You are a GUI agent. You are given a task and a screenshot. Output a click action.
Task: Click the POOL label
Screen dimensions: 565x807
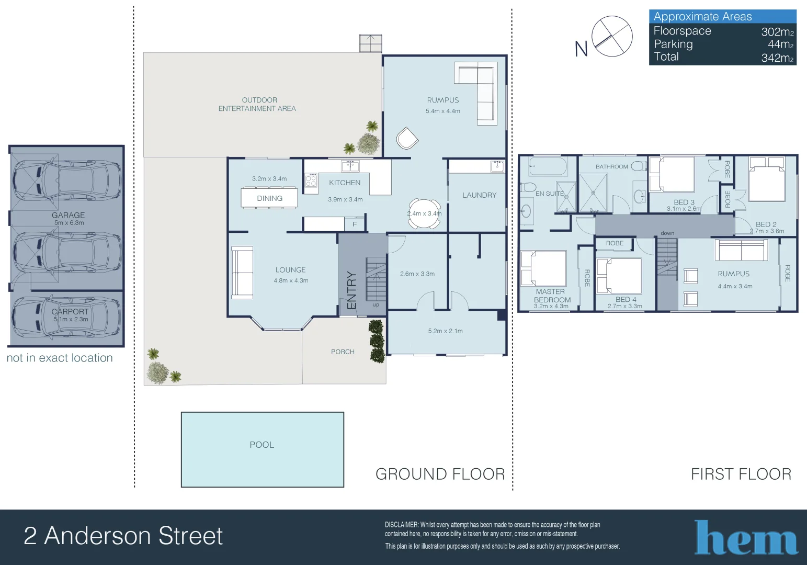click(x=262, y=445)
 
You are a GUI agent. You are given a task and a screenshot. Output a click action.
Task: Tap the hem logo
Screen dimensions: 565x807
click(x=746, y=537)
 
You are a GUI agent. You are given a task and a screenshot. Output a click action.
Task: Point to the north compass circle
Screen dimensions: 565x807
click(x=612, y=36)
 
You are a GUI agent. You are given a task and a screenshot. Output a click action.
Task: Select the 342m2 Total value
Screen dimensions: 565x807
click(x=777, y=58)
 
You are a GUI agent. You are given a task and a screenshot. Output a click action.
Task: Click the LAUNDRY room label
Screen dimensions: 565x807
click(x=479, y=195)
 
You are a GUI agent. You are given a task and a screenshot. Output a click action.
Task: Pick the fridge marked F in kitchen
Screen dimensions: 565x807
click(x=355, y=224)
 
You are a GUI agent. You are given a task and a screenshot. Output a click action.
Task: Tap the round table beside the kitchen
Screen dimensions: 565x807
click(x=424, y=213)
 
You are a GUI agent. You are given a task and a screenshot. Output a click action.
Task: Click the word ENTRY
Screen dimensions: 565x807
click(x=351, y=290)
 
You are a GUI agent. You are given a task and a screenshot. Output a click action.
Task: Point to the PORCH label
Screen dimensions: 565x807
click(x=343, y=352)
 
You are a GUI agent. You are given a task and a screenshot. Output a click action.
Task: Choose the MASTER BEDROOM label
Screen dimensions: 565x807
click(x=551, y=296)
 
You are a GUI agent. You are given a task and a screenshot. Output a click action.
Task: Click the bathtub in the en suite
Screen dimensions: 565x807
click(x=548, y=167)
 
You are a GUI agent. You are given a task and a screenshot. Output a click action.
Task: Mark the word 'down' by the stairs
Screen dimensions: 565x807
click(x=667, y=233)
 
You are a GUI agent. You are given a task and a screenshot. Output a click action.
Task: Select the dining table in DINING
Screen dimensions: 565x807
click(x=269, y=198)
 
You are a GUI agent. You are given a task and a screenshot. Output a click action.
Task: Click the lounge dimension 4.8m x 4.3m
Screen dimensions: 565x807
click(x=291, y=281)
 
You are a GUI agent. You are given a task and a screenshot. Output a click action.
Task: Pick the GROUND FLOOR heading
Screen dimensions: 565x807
click(x=440, y=474)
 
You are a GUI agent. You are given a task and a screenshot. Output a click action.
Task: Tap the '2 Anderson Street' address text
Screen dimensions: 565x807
click(x=123, y=536)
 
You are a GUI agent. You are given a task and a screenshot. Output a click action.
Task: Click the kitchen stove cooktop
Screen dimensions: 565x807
click(x=311, y=181)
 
